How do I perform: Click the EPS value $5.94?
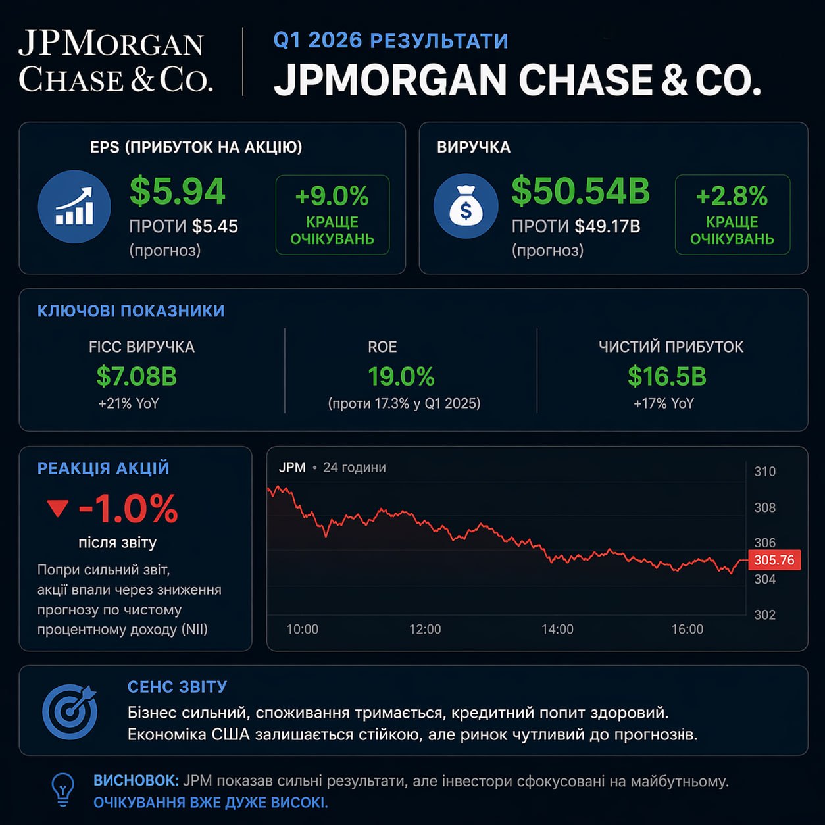pyautogui.click(x=178, y=191)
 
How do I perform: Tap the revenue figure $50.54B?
pyautogui.click(x=580, y=191)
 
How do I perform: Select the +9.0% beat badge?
pyautogui.click(x=332, y=214)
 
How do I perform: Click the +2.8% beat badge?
pyautogui.click(x=732, y=214)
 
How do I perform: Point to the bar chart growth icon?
pyautogui.click(x=74, y=207)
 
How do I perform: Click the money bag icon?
pyautogui.click(x=466, y=206)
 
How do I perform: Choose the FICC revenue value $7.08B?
pyautogui.click(x=137, y=376)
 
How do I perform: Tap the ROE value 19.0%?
pyautogui.click(x=401, y=376)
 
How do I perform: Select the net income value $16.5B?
pyautogui.click(x=667, y=376)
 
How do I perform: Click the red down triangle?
pyautogui.click(x=58, y=508)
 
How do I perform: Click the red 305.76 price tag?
pyautogui.click(x=774, y=560)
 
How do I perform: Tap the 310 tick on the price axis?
pyautogui.click(x=764, y=472)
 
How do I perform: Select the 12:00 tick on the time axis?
pyautogui.click(x=425, y=630)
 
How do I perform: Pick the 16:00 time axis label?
pyautogui.click(x=687, y=630)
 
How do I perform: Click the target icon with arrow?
pyautogui.click(x=70, y=711)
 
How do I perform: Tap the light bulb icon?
pyautogui.click(x=63, y=789)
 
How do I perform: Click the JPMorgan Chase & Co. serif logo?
pyautogui.click(x=115, y=62)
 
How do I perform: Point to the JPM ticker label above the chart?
pyautogui.click(x=292, y=468)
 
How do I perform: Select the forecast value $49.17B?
pyautogui.click(x=607, y=226)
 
